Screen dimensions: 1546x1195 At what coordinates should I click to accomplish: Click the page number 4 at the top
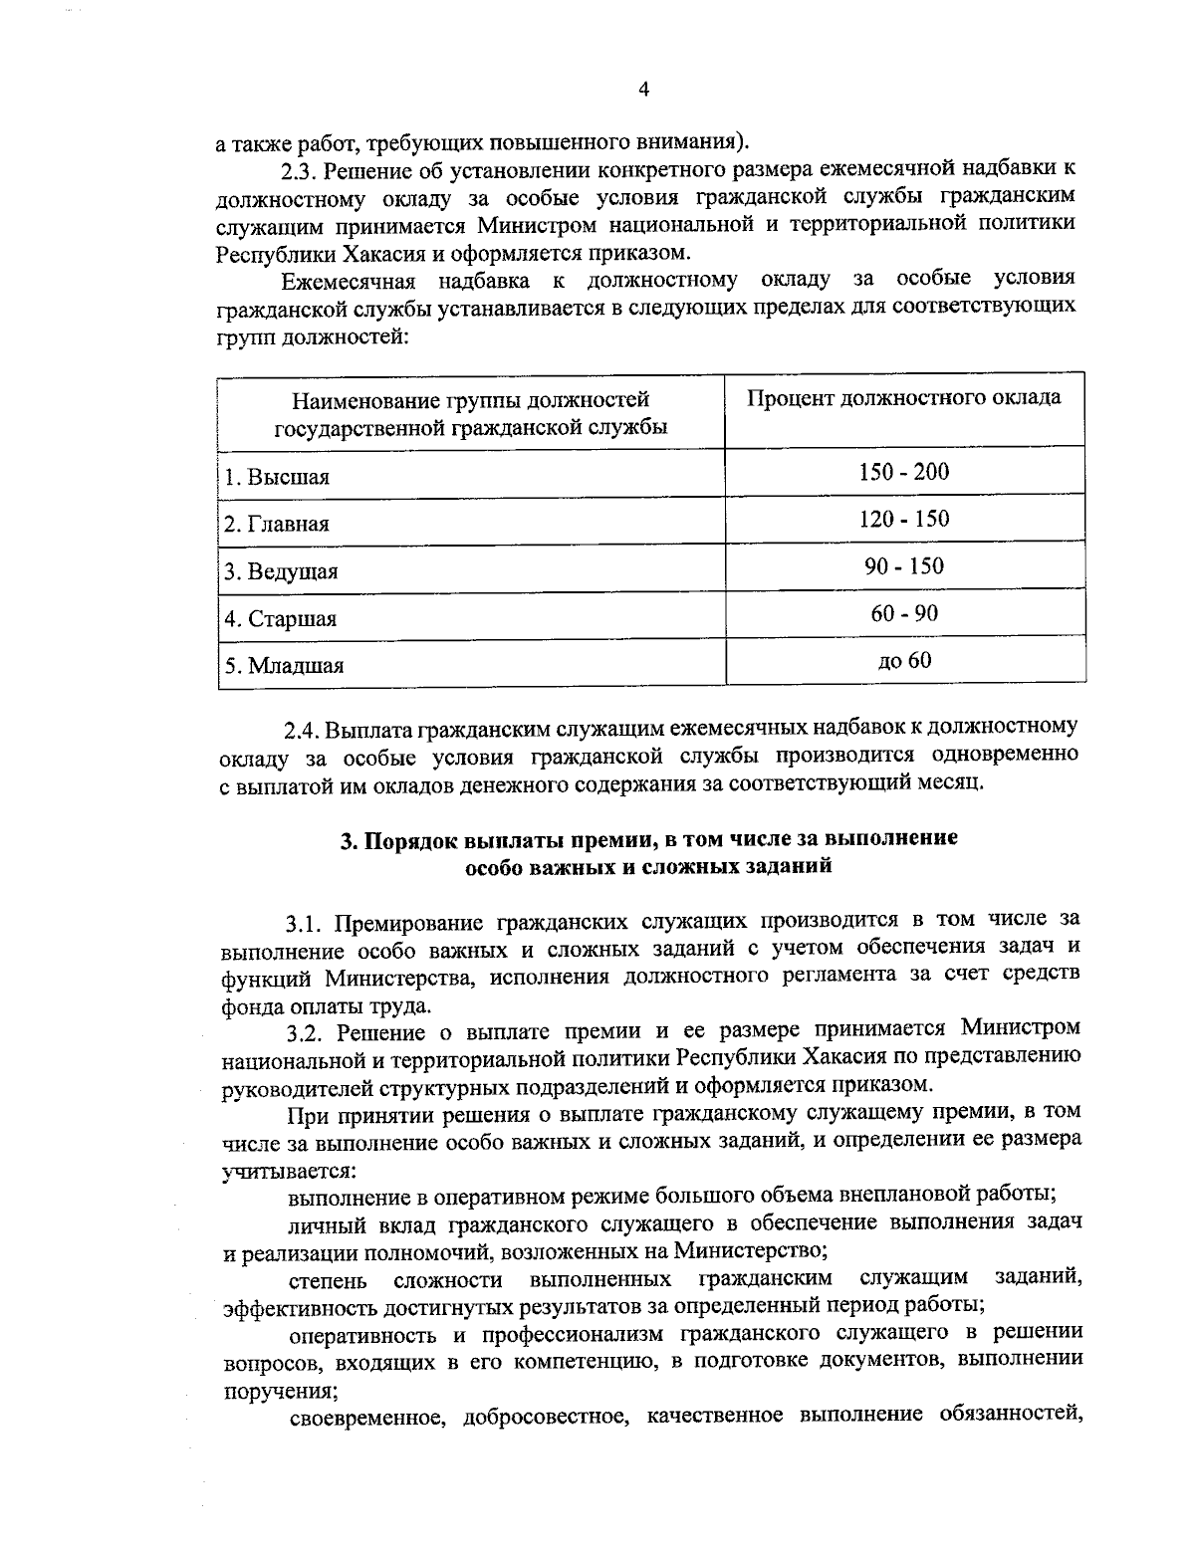pos(643,90)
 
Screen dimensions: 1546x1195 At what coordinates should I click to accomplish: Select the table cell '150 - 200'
pos(903,471)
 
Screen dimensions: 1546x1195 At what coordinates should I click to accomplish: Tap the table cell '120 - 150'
pos(903,519)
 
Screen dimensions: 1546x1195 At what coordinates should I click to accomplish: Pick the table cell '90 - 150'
pos(903,566)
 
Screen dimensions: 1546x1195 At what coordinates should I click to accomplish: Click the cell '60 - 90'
pos(903,613)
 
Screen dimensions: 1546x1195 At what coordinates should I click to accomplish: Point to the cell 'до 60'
pos(903,659)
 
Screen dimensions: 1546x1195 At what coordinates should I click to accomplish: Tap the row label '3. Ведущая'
pos(281,571)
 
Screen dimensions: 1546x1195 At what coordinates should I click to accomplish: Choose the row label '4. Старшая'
pos(281,619)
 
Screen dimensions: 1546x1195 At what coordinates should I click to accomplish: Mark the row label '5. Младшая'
pos(284,666)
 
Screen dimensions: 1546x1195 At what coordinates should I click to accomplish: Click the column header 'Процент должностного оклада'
pos(903,398)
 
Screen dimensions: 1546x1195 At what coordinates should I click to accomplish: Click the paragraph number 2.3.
pos(301,168)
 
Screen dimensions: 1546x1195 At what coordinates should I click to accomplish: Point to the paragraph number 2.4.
pos(302,731)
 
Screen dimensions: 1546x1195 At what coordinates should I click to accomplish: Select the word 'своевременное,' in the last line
pos(364,1416)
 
